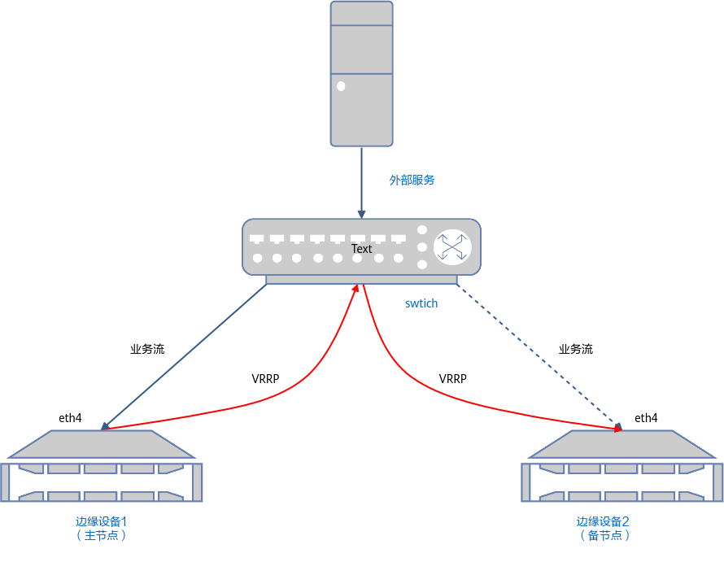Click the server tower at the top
[361, 74]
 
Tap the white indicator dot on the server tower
[341, 86]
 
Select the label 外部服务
[412, 180]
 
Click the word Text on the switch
[361, 249]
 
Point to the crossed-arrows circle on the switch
[452, 247]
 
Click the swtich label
[421, 303]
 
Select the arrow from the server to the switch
[361, 183]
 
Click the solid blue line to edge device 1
[184, 357]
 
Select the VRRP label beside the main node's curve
[265, 379]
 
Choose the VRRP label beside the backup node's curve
[452, 379]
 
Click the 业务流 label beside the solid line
[147, 349]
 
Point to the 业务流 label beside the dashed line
[576, 349]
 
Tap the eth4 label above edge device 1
[70, 418]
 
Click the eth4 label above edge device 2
[646, 418]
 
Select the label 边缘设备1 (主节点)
[101, 529]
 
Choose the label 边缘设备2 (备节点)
[603, 529]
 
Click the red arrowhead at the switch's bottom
[356, 288]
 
